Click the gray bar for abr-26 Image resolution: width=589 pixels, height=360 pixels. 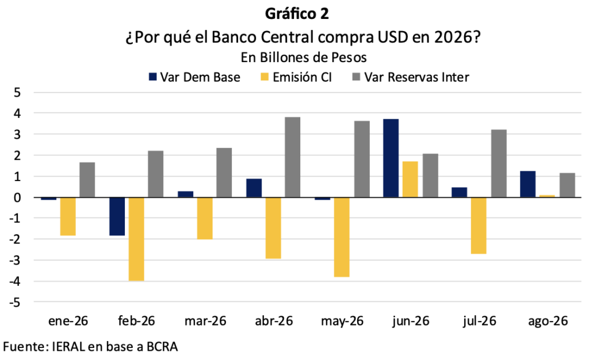point(293,157)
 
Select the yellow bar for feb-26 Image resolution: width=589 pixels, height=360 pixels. point(136,239)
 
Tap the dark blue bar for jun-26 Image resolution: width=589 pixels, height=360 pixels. point(391,158)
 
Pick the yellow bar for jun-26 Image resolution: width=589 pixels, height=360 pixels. point(410,179)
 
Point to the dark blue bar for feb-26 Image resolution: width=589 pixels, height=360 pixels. point(117,216)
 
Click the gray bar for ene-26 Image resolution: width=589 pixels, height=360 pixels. point(87,179)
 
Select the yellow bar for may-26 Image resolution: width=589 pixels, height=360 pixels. point(342,237)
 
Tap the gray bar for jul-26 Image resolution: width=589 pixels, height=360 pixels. point(499,163)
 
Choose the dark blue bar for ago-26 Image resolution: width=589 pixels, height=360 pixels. point(528,184)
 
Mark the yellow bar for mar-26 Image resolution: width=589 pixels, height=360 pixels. point(205,218)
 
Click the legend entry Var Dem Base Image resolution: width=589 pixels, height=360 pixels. point(194,77)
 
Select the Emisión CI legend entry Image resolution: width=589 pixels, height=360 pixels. point(296,77)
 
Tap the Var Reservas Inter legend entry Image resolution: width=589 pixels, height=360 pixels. point(411,77)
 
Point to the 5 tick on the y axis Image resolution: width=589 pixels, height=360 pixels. point(17,93)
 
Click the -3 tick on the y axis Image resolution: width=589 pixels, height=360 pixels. point(15,260)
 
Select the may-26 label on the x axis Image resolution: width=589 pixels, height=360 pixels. point(342,321)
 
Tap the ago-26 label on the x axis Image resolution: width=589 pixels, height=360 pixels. point(548,321)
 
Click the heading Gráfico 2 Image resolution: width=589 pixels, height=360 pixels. point(297,14)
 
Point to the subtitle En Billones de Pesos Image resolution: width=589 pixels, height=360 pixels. point(304,58)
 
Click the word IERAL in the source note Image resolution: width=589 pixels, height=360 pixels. point(68,347)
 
